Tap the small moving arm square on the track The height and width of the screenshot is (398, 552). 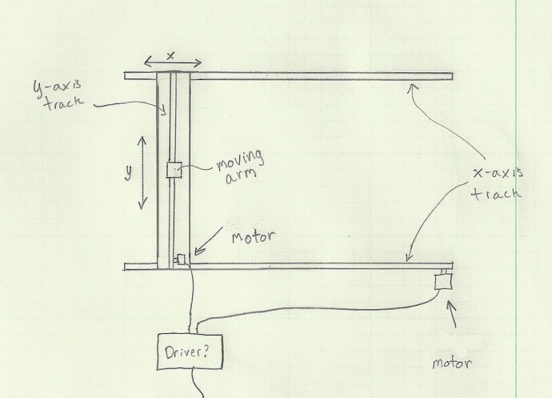[x=173, y=170]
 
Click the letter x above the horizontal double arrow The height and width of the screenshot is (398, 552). [x=170, y=54]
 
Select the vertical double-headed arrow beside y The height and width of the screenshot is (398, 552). [x=142, y=172]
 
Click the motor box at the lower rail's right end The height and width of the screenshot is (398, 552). [x=443, y=280]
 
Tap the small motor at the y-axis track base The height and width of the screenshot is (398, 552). [x=181, y=259]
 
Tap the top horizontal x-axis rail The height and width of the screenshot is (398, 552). [x=320, y=76]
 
